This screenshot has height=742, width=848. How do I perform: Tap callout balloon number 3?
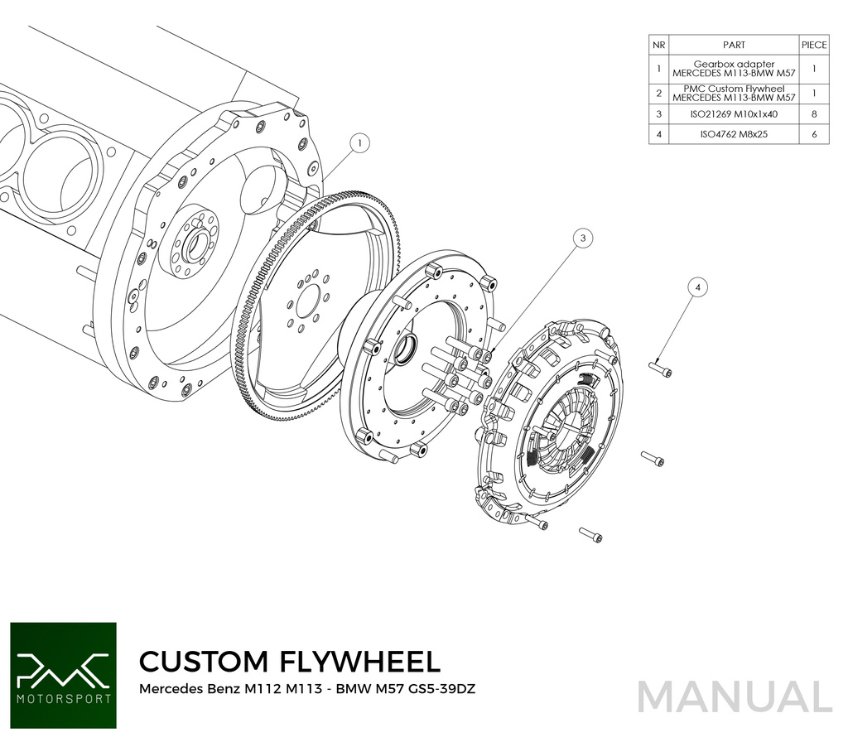click(583, 238)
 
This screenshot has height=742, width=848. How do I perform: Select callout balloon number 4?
click(697, 287)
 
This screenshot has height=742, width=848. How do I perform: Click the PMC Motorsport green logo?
click(63, 675)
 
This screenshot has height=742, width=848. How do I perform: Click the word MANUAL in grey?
click(735, 696)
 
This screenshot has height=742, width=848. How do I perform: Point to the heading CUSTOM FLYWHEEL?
click(289, 661)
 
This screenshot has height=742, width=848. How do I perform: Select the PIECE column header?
click(813, 46)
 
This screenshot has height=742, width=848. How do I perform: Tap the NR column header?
click(658, 46)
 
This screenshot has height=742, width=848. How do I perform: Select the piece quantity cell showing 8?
click(813, 113)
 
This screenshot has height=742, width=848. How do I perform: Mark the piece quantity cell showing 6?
click(813, 134)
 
